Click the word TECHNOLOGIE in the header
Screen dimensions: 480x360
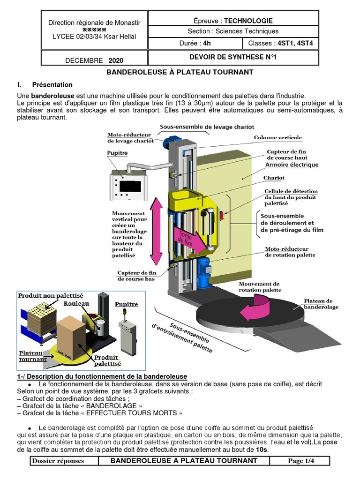point(248,21)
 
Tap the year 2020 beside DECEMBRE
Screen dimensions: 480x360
point(116,60)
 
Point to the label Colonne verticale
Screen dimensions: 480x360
point(278,138)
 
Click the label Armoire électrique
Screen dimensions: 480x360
point(292,165)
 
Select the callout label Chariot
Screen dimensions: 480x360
point(274,178)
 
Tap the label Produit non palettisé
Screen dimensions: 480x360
point(51,296)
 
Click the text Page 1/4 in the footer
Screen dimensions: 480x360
point(301,461)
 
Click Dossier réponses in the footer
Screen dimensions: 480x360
point(58,461)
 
